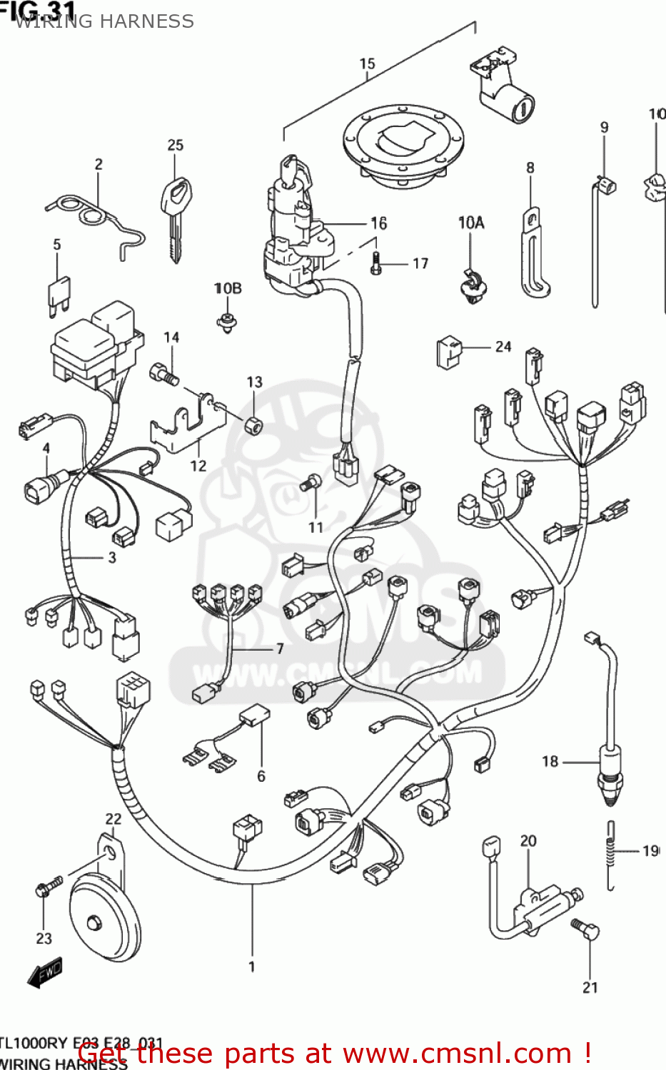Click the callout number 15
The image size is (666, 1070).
pos(367,63)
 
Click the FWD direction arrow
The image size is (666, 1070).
pos(45,972)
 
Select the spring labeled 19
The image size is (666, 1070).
pos(611,855)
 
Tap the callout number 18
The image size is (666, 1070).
pos(549,761)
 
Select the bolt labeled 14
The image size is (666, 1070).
pos(163,374)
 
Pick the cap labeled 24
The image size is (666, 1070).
pos(448,352)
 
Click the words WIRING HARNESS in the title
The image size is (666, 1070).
pos(104,21)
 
